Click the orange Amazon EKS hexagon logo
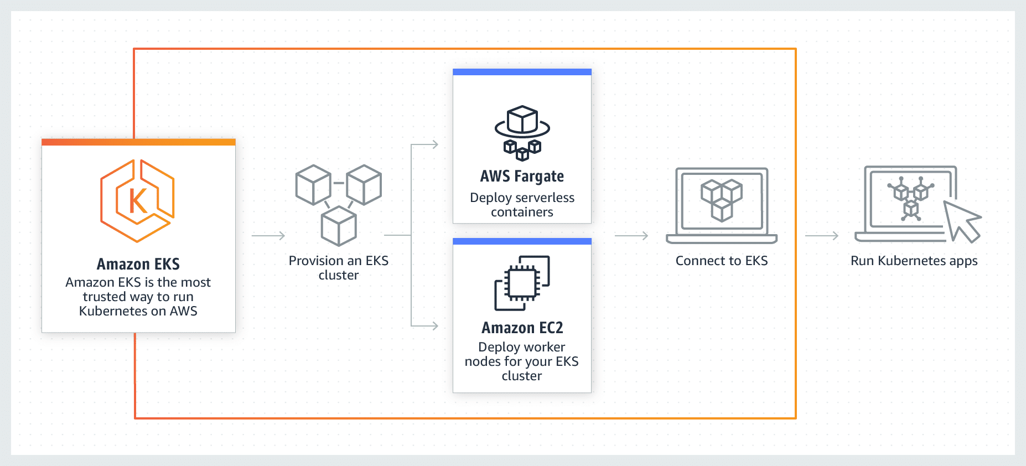(138, 200)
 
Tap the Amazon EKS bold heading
(138, 264)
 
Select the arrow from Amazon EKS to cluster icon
(268, 236)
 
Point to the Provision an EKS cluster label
(339, 268)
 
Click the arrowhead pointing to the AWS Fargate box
(434, 144)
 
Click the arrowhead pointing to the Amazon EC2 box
(434, 326)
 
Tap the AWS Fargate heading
(522, 177)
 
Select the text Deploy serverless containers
(522, 205)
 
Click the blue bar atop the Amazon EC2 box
(522, 241)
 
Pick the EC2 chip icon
(522, 283)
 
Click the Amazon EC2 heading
(522, 328)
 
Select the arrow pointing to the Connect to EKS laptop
(631, 236)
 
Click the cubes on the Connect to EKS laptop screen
(721, 199)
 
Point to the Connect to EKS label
(721, 261)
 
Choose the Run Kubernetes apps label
(914, 261)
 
